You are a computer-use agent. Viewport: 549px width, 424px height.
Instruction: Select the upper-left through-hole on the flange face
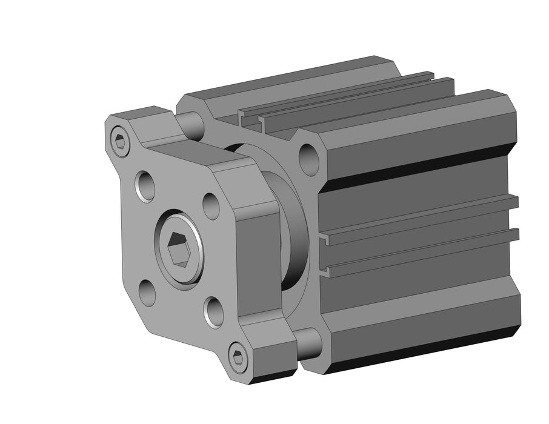click(145, 186)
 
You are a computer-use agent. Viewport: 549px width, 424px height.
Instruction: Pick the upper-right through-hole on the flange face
click(211, 205)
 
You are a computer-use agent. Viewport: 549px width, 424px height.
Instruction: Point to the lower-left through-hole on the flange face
click(147, 291)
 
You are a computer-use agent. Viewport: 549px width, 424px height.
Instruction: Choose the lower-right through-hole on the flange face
click(213, 311)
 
